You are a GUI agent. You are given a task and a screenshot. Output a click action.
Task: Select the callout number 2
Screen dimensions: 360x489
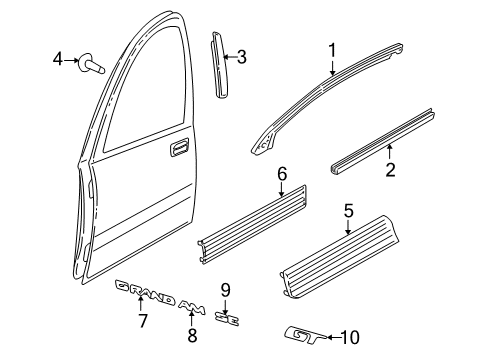pos(391,169)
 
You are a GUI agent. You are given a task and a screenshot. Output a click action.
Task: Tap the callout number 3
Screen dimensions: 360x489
pos(241,57)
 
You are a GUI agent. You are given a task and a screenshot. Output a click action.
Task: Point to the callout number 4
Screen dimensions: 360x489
pos(58,61)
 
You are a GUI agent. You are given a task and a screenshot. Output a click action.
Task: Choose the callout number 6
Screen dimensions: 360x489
pos(282,176)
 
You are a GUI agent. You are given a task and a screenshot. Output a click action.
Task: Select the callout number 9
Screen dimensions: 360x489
pos(226,290)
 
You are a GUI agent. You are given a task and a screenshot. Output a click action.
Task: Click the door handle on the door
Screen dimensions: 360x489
pos(179,149)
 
